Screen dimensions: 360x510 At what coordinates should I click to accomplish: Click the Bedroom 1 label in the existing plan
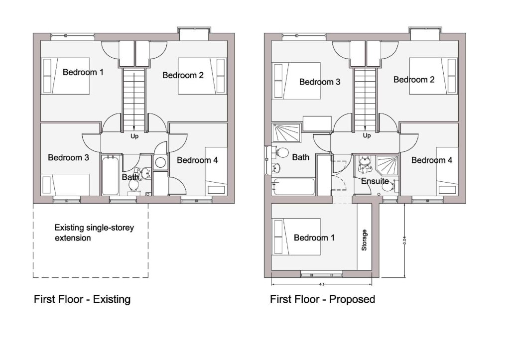click(x=83, y=72)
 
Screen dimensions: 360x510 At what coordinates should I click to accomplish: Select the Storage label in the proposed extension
click(x=364, y=240)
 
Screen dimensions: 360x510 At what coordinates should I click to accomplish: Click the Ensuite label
click(x=375, y=181)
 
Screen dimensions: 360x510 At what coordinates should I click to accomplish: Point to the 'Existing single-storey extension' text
click(x=94, y=233)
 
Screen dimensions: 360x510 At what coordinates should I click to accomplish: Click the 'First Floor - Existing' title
click(x=82, y=299)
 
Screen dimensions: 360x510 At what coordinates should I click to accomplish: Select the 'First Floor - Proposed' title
click(x=322, y=299)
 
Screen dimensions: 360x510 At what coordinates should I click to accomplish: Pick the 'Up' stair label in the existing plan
click(x=134, y=135)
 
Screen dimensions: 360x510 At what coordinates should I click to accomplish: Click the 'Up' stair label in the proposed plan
click(x=367, y=135)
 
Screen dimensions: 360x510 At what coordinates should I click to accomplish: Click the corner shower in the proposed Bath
click(x=286, y=133)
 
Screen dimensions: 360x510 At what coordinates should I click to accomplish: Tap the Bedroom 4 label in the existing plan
click(x=197, y=160)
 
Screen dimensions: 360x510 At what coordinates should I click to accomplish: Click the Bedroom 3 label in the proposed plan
click(x=320, y=82)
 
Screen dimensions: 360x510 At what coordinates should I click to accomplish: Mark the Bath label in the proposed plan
click(x=300, y=157)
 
